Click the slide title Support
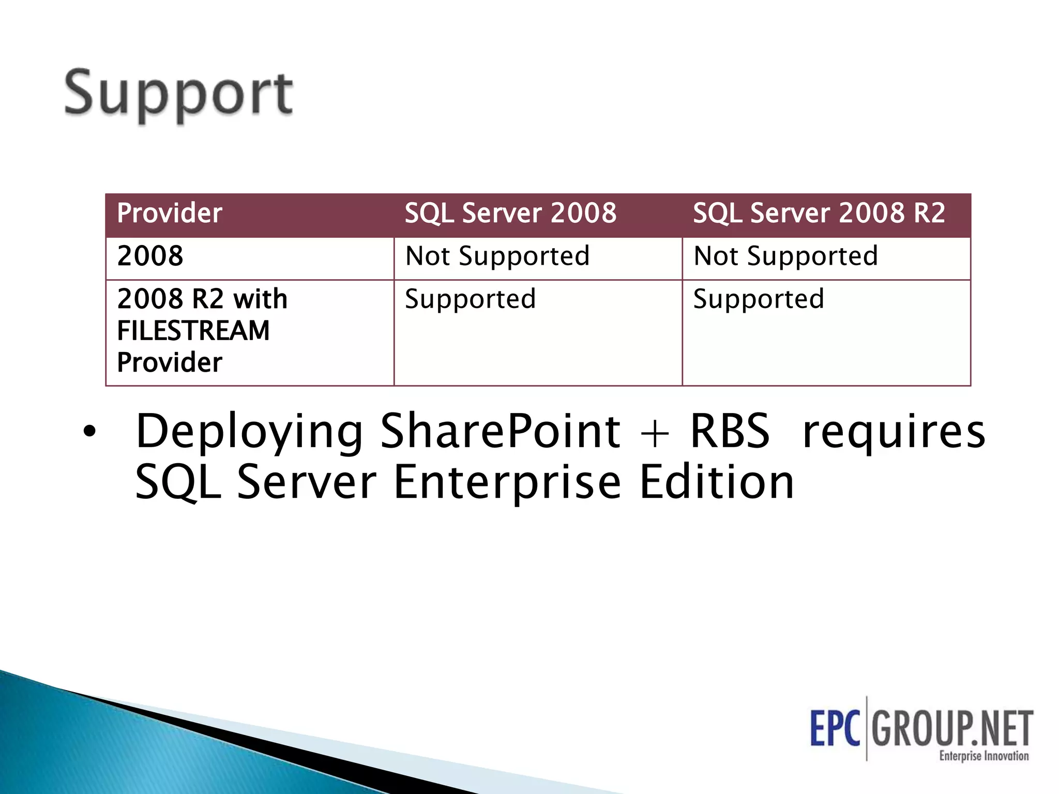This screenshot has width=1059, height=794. (178, 95)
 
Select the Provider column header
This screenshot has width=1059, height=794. (170, 213)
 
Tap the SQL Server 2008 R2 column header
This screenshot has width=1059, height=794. (819, 213)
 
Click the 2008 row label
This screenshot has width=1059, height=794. (150, 256)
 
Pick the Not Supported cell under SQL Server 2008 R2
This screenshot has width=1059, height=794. (785, 256)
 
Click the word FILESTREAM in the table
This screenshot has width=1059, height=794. (193, 331)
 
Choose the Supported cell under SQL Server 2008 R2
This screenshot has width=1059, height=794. (758, 299)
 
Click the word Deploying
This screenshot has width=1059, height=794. (249, 432)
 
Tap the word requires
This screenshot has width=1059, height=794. (894, 432)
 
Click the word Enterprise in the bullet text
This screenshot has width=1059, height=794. (507, 482)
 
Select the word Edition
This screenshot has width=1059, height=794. (716, 482)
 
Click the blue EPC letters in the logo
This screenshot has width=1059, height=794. (835, 728)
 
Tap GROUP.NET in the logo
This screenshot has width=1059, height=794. (952, 728)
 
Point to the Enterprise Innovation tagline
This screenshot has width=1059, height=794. (984, 756)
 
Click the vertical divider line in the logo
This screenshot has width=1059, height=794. (867, 728)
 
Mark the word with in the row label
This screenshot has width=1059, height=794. (260, 299)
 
